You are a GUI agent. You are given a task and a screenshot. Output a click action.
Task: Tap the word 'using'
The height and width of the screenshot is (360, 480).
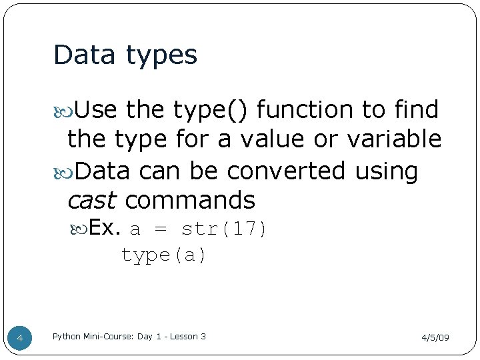[x=386, y=171]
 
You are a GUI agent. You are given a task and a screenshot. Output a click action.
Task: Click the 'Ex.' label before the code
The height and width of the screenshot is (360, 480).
[x=104, y=229]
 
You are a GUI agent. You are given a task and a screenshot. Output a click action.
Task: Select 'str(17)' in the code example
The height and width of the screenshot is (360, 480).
[x=224, y=230]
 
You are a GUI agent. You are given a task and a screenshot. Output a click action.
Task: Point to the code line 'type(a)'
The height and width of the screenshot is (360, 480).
[x=164, y=255]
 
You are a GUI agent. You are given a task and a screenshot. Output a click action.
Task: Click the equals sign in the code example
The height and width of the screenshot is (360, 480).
[x=161, y=230]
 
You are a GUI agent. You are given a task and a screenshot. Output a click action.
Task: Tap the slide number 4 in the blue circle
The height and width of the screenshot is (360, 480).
[x=20, y=339]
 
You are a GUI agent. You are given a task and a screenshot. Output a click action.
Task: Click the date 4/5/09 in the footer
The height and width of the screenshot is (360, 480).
[x=435, y=338]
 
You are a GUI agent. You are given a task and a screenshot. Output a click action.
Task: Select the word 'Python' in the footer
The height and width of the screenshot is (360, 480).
[x=67, y=337]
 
